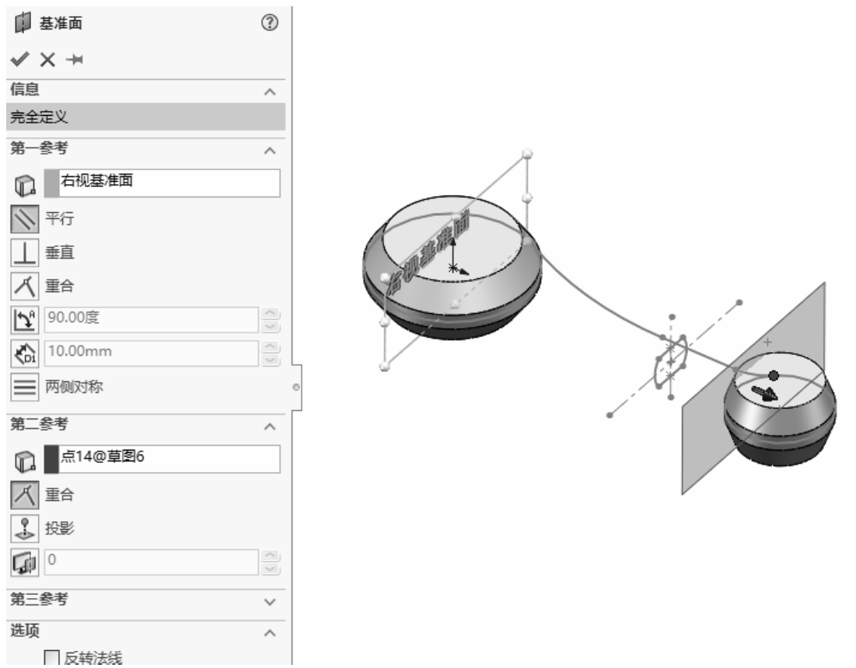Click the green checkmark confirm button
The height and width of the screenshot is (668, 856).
(19, 59)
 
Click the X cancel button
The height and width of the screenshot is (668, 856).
(47, 60)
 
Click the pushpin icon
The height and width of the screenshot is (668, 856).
(74, 60)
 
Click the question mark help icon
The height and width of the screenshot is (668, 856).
(270, 23)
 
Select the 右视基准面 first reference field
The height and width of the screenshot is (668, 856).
(162, 183)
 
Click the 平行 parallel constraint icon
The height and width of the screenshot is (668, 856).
(25, 219)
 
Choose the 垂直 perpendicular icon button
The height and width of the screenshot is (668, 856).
(25, 253)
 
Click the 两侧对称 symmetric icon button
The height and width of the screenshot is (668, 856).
(25, 387)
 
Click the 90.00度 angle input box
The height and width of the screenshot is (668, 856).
(152, 319)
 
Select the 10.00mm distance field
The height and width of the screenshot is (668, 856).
(152, 353)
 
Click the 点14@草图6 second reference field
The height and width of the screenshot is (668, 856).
(162, 458)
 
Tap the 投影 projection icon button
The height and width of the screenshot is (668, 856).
(25, 528)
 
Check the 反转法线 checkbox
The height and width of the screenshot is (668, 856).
(51, 658)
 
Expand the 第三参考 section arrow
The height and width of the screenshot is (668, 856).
(270, 602)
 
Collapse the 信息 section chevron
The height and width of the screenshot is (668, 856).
(270, 92)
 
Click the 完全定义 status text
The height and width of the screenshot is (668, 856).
(39, 117)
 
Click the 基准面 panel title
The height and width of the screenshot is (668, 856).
(61, 23)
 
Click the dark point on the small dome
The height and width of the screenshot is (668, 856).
(774, 375)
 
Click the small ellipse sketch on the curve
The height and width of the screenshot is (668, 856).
(671, 361)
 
